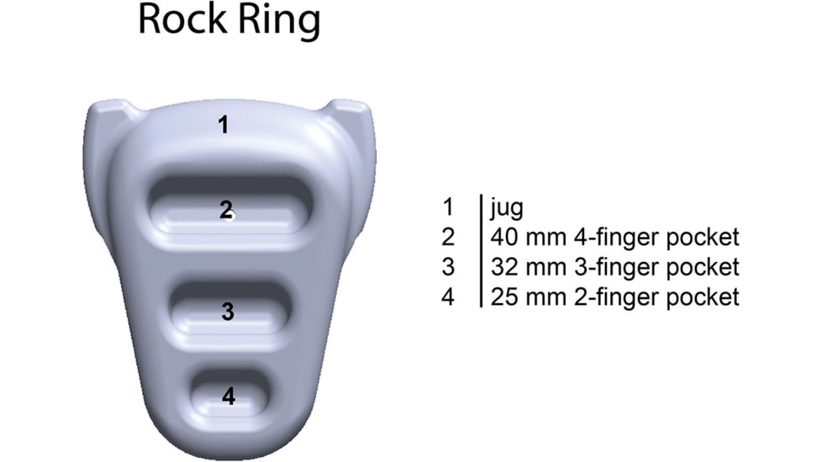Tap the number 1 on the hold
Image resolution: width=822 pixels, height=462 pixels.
pos(223,125)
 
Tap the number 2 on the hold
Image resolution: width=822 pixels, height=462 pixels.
pos(226,211)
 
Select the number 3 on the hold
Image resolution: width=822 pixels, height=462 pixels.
pos(227,312)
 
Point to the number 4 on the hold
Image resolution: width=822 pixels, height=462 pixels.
pos(229,396)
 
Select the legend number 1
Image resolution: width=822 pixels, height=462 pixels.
pos(448,207)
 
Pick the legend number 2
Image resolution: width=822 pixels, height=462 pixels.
pos(448,238)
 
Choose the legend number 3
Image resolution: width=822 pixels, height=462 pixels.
pos(448,267)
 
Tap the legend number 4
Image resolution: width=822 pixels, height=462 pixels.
pos(448,297)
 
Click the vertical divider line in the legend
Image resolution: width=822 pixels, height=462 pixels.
pos(480,251)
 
